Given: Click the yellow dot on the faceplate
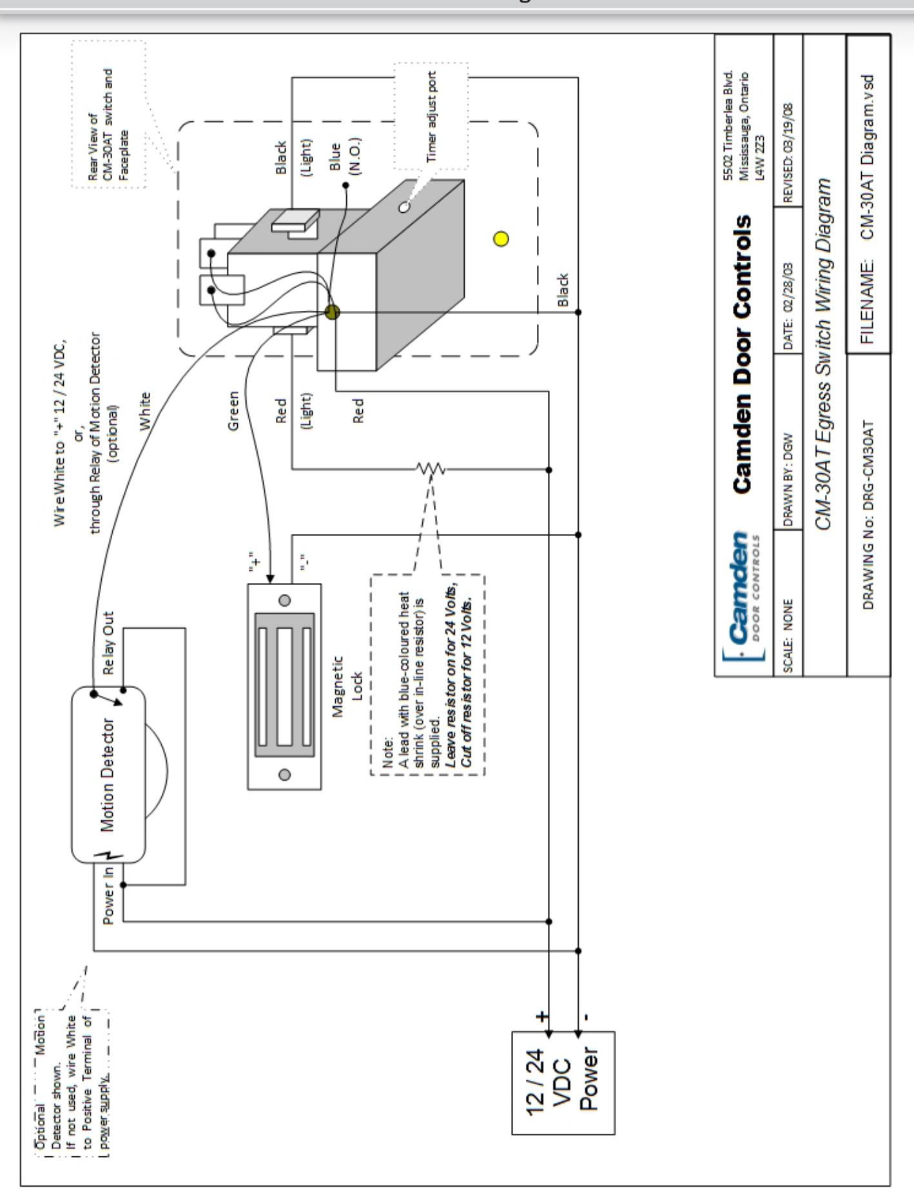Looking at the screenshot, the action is [x=500, y=239].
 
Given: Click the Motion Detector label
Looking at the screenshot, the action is [x=108, y=775].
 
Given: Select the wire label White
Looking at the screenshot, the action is [x=146, y=410].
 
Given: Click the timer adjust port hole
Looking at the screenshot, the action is [x=404, y=208].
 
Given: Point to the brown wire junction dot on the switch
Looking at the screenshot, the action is [x=333, y=313].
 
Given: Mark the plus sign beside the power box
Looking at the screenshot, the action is [x=543, y=1016].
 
